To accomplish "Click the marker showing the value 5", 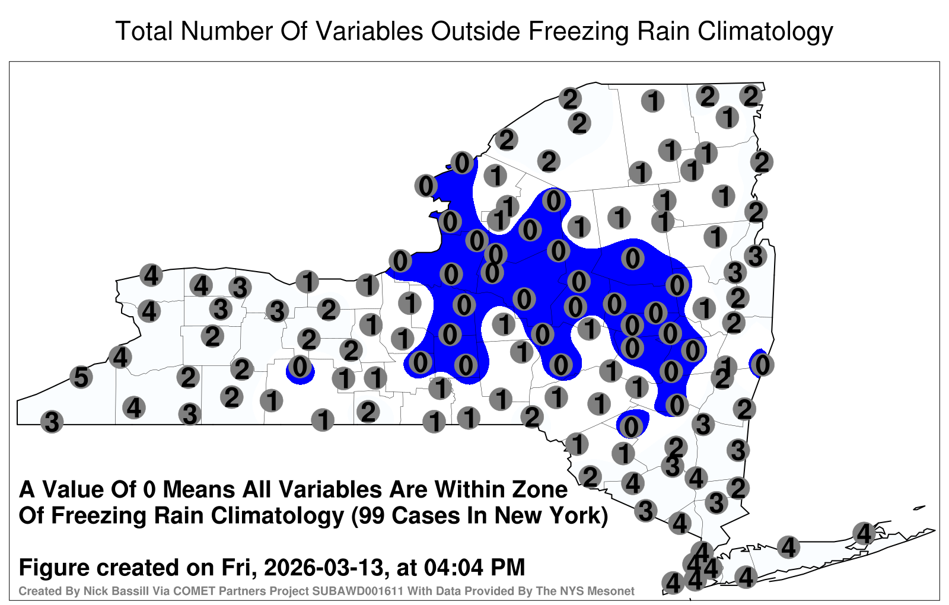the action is pos(81,377).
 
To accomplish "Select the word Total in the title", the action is pos(144,31).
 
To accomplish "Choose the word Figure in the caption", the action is pos(52,568).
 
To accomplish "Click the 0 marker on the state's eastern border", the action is pos(762,365).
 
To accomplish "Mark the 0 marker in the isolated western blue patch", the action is pos(300,367).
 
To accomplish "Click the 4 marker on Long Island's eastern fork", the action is pos(864,533).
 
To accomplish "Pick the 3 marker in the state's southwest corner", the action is pos(52,422).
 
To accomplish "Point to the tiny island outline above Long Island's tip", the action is pos(919,508).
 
